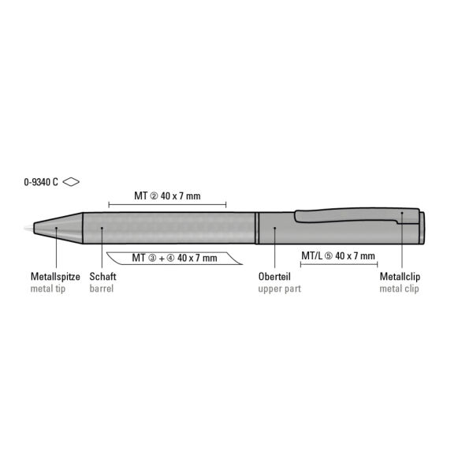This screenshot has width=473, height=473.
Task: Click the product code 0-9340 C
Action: [41, 182]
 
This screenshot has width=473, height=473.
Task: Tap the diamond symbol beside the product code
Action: [71, 181]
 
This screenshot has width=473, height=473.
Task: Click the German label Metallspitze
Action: [55, 277]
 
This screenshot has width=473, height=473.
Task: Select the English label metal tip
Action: [48, 289]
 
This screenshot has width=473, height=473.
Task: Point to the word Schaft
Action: [102, 277]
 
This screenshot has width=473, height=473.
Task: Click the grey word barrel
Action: [102, 289]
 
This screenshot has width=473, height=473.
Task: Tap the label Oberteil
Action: [274, 277]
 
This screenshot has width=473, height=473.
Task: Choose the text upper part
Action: [280, 289]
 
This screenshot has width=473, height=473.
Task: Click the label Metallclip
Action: [400, 277]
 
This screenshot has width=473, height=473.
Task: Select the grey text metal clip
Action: [399, 289]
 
